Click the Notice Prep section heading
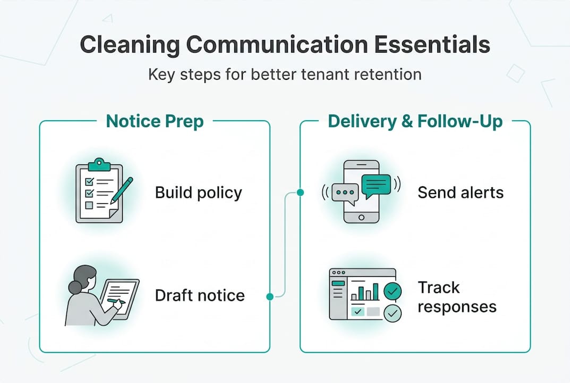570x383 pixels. tap(155, 121)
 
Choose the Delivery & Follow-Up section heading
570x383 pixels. tap(415, 121)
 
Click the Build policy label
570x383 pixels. tap(198, 193)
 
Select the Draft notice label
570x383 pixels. tap(200, 295)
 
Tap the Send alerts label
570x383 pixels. tap(461, 193)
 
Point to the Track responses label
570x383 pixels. tap(457, 297)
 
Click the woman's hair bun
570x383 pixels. tap(74, 287)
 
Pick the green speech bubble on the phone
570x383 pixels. tap(376, 185)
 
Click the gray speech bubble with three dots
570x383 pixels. tap(345, 193)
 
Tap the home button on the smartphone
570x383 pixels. tap(361, 217)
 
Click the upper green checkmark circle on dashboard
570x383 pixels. tap(393, 290)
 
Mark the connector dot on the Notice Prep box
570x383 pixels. tap(270, 296)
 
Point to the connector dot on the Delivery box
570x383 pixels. tap(300, 193)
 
